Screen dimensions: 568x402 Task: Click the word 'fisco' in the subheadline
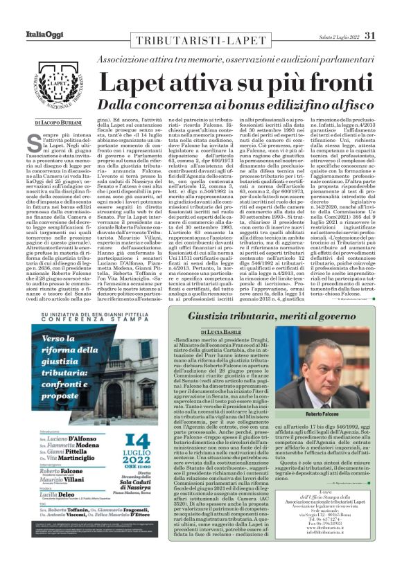(x=358, y=104)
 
